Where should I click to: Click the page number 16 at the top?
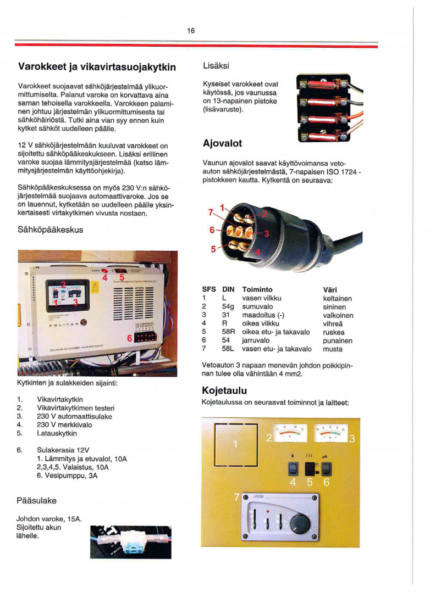pyautogui.click(x=191, y=31)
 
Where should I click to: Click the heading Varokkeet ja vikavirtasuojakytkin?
pyautogui.click(x=97, y=67)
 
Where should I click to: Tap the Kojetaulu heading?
pyautogui.click(x=224, y=390)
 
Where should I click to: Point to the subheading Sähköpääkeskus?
pyautogui.click(x=51, y=230)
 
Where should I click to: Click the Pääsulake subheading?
pyautogui.click(x=37, y=501)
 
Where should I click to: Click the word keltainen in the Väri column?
pyautogui.click(x=338, y=298)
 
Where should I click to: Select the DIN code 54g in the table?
pyautogui.click(x=229, y=307)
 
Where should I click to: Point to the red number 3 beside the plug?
pyautogui.click(x=267, y=234)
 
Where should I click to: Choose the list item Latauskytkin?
pyautogui.click(x=57, y=433)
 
